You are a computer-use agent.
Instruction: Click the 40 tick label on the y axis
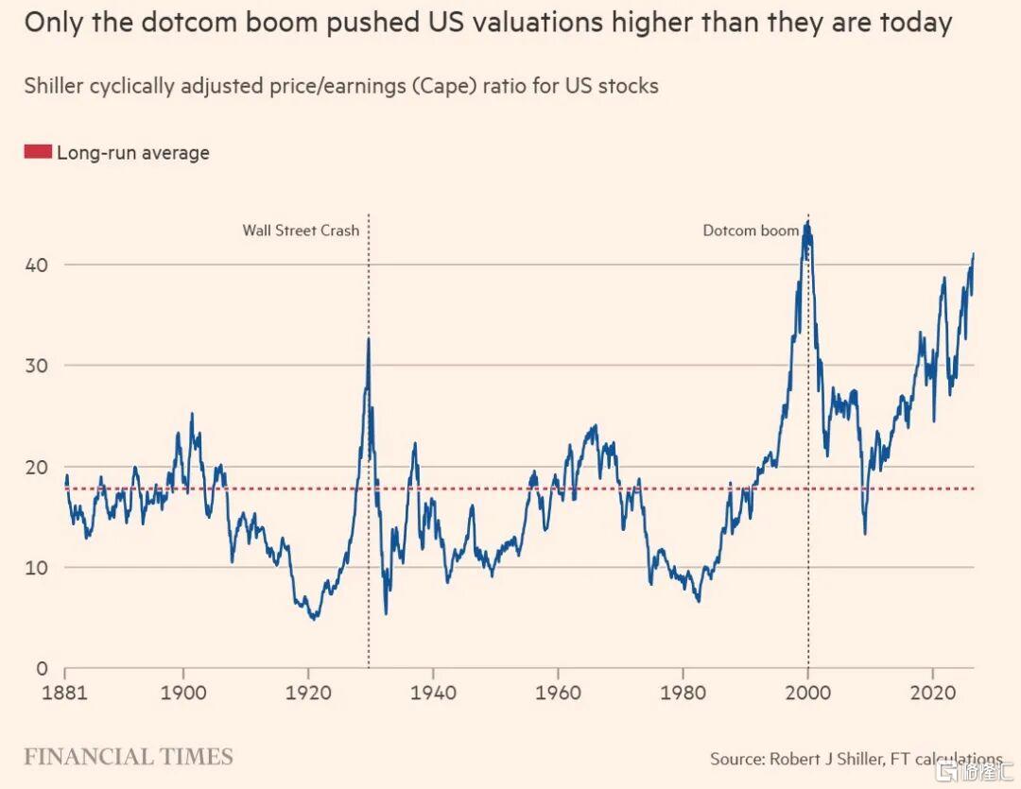click(37, 265)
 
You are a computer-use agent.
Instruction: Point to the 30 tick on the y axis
click(37, 366)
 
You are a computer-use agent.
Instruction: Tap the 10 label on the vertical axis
click(37, 568)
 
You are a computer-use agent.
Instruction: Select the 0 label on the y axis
click(43, 669)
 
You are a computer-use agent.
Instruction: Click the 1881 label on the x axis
click(64, 692)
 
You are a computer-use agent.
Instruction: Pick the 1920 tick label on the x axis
click(308, 692)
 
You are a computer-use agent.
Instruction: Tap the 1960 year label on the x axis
click(558, 692)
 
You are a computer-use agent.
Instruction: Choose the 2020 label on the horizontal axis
click(932, 692)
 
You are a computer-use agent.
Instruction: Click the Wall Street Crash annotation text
click(301, 231)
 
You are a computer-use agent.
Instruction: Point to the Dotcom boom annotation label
click(751, 231)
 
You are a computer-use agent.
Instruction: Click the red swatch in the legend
click(38, 152)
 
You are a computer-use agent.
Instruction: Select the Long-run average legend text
click(133, 153)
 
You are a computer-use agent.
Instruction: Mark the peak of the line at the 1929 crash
click(369, 338)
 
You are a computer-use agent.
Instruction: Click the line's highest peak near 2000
click(808, 222)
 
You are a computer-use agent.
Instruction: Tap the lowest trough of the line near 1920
click(315, 618)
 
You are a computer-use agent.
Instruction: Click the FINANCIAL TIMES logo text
click(129, 757)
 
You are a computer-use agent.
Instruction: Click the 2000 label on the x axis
click(808, 692)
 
